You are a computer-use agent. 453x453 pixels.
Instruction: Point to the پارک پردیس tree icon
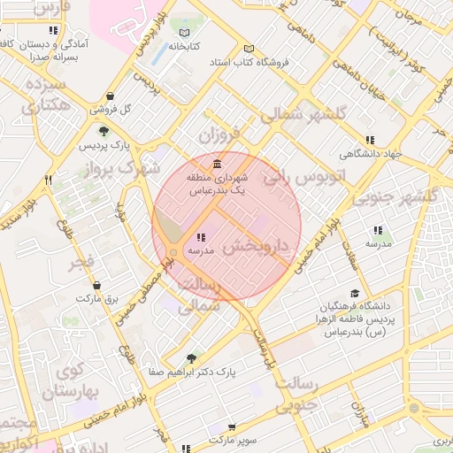(x=104, y=131)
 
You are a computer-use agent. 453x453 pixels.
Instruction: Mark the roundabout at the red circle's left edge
(x=174, y=254)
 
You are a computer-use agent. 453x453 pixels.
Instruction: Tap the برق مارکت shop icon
(x=96, y=286)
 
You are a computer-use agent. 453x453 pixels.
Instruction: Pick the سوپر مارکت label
(x=231, y=439)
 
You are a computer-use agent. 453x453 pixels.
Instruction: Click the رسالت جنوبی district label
(x=296, y=395)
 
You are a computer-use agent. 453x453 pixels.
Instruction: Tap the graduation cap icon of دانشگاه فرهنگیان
(x=355, y=294)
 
